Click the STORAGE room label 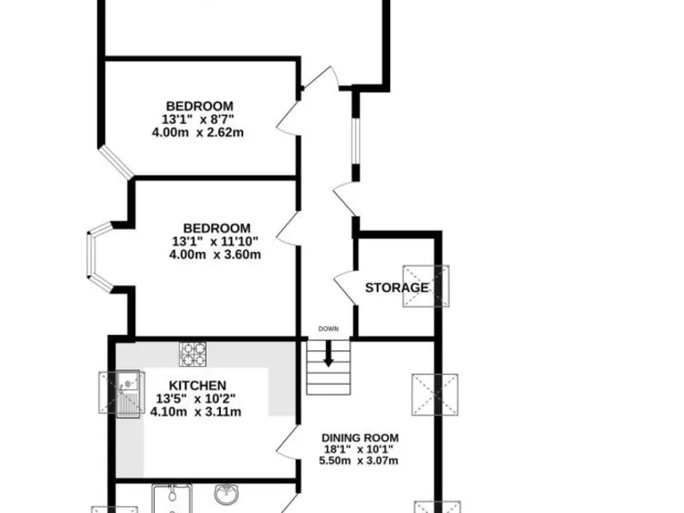[396, 288]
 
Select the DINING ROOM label [360, 437]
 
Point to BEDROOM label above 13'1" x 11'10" [216, 227]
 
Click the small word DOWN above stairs [329, 330]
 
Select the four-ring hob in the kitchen [192, 354]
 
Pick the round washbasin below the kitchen [225, 493]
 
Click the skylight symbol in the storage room [425, 287]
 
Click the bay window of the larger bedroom [99, 259]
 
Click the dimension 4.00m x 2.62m [198, 133]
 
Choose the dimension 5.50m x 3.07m [360, 460]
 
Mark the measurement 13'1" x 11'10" [216, 240]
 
